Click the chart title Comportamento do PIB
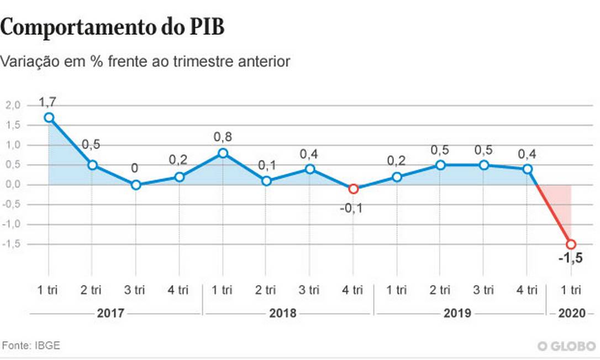[113, 27]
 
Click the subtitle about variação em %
[145, 61]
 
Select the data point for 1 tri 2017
[49, 118]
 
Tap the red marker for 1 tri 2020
[571, 244]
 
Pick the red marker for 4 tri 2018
[354, 189]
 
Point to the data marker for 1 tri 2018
[223, 153]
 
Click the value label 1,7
[48, 102]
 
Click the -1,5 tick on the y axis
[12, 244]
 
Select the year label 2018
[282, 314]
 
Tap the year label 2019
[457, 314]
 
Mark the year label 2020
[571, 314]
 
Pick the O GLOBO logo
[566, 346]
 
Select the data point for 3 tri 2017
[136, 185]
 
